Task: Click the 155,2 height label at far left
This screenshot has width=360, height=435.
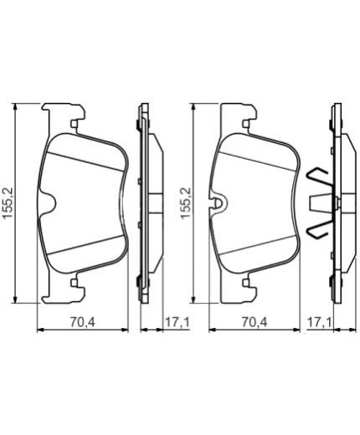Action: point(8,202)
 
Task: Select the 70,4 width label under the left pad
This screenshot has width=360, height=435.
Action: point(83,322)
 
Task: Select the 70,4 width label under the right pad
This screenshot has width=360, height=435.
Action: point(255,322)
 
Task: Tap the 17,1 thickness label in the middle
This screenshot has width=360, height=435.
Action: point(177,322)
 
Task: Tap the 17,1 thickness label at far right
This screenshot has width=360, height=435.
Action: point(320,322)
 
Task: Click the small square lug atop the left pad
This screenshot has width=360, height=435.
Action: point(74,124)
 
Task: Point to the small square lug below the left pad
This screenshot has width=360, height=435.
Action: point(74,283)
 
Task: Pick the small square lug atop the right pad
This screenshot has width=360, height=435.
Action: point(246,124)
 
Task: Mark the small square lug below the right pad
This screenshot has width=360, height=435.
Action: point(246,283)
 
